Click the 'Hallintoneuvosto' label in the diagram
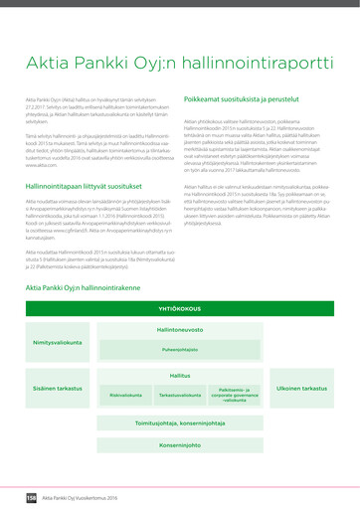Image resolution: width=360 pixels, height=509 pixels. [x=180, y=329]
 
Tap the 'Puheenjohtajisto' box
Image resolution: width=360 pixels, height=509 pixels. [x=180, y=349]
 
